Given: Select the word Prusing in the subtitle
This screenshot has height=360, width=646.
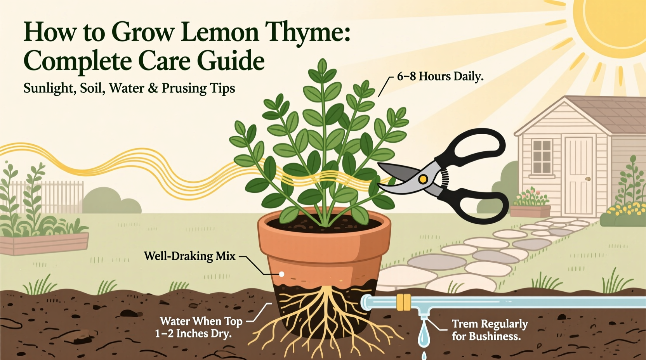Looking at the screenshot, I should click(x=184, y=88).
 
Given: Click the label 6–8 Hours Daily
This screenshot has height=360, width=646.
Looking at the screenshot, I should click(x=440, y=76).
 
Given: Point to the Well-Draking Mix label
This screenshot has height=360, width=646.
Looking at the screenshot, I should click(x=189, y=256).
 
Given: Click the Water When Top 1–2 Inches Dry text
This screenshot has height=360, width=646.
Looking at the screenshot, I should click(x=199, y=327).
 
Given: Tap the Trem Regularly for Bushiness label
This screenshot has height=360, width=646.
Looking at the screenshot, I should click(x=490, y=330).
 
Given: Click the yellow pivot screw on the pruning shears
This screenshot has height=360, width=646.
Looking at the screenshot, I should click(x=423, y=179).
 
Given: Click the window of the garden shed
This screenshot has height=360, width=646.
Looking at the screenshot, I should click(x=542, y=157).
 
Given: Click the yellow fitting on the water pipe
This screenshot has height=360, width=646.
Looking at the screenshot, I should click(x=404, y=302).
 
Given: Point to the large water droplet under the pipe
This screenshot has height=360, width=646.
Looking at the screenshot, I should click(x=424, y=335).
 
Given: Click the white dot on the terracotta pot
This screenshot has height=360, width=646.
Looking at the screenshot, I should click(x=282, y=274).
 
